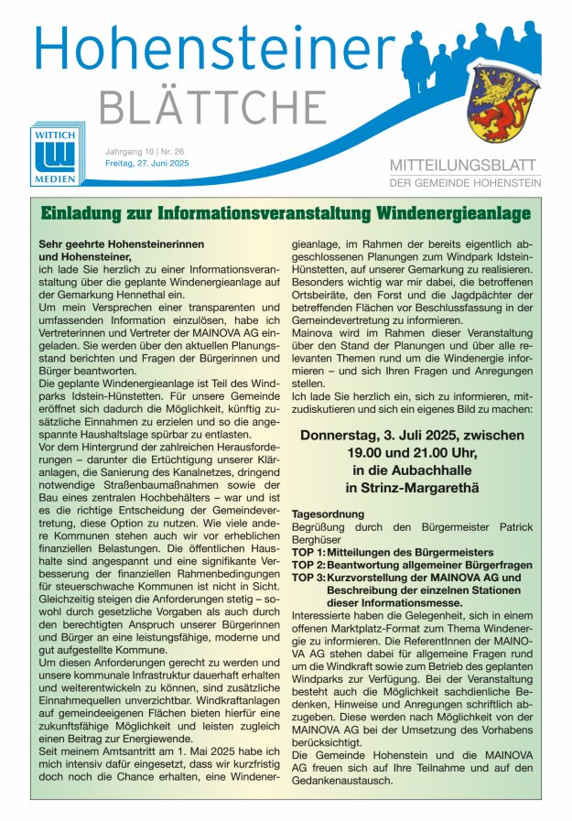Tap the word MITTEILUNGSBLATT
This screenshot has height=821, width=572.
click(x=465, y=165)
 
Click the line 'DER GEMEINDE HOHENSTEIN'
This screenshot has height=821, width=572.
click(x=465, y=182)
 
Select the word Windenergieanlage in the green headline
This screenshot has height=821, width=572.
click(x=448, y=213)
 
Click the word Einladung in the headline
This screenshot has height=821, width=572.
click(x=85, y=213)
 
